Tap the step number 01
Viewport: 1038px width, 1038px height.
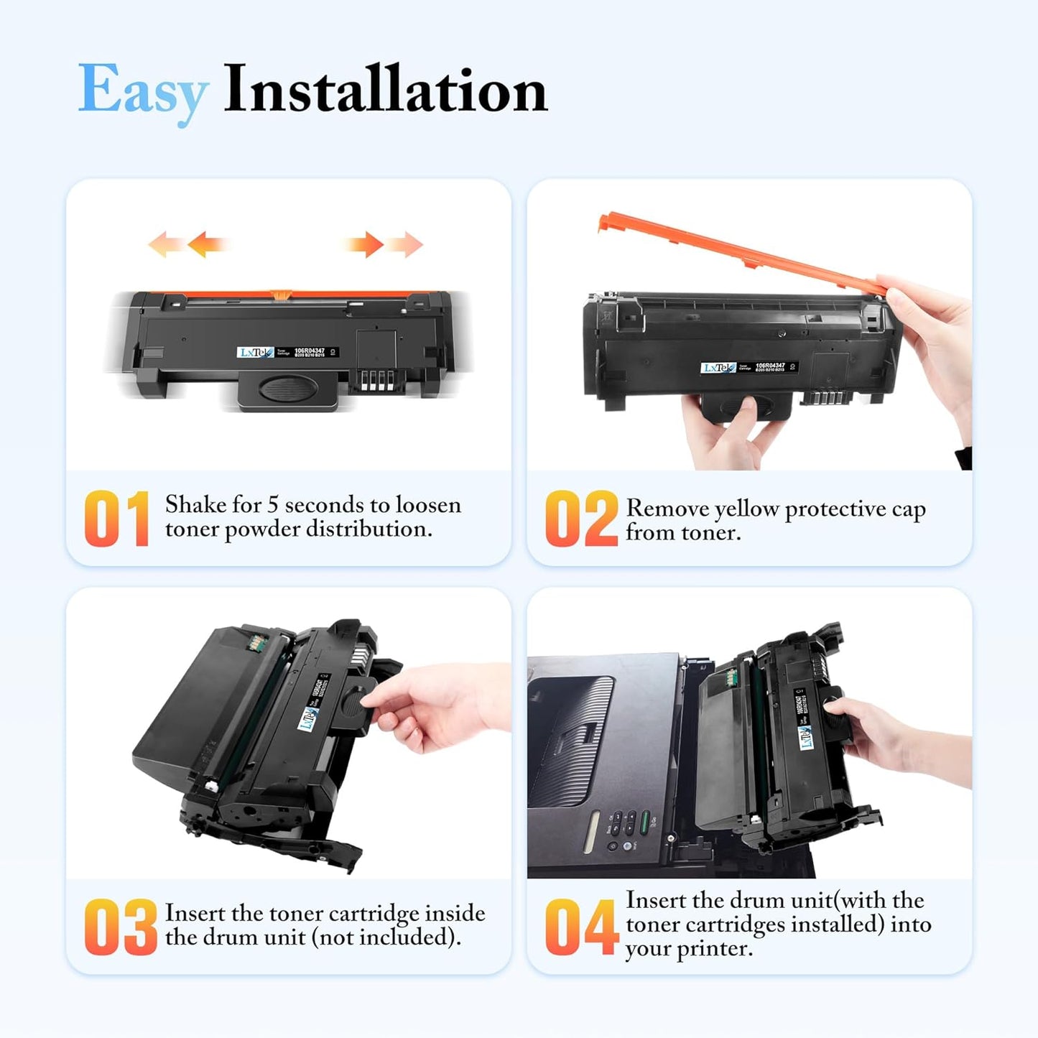[116, 519]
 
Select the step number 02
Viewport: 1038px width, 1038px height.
[580, 519]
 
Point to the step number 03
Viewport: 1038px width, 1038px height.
[120, 927]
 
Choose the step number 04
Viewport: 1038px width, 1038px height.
[580, 927]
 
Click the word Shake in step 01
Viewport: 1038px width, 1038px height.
[195, 505]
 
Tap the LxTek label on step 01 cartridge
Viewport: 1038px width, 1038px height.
[255, 353]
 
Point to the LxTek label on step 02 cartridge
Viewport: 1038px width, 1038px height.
[718, 368]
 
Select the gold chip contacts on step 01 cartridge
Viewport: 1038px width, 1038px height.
[376, 381]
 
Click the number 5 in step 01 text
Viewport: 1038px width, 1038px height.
[273, 505]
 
